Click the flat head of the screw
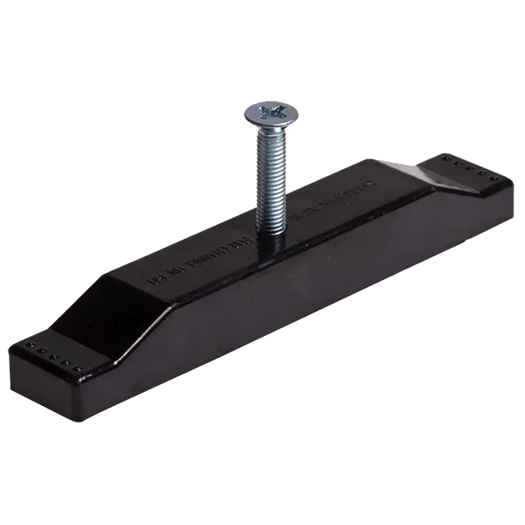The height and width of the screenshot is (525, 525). [262, 112]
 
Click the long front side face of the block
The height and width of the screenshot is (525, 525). [289, 289]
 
